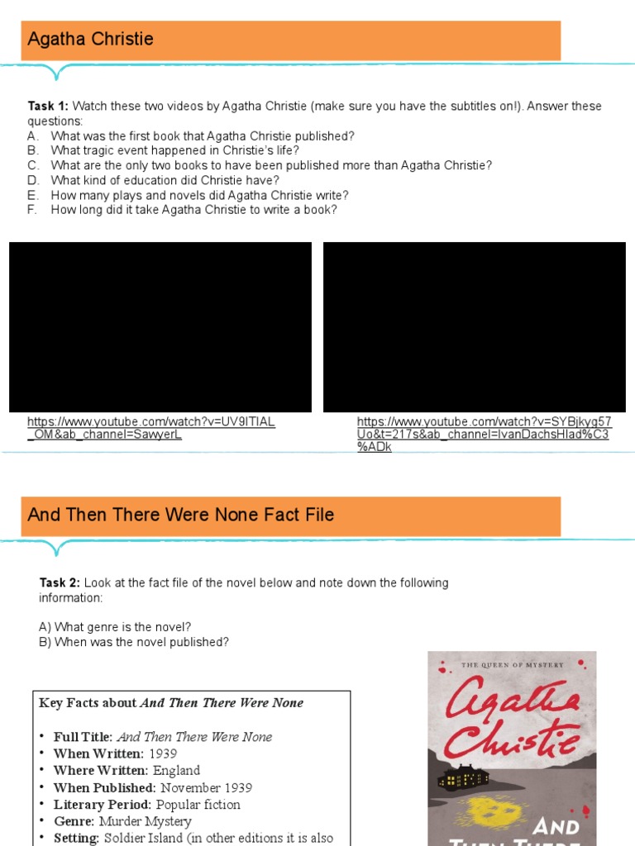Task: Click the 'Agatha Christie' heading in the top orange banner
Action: click(x=90, y=40)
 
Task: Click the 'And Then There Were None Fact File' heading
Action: click(x=180, y=515)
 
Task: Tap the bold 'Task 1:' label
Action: click(x=49, y=107)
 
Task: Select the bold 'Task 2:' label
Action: click(x=60, y=583)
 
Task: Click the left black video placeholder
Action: click(x=160, y=327)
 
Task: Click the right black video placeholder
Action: click(x=474, y=327)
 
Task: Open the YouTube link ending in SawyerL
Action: click(x=150, y=428)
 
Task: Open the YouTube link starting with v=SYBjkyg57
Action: click(x=484, y=434)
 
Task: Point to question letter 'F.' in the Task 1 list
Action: click(x=33, y=210)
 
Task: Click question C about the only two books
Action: click(x=270, y=165)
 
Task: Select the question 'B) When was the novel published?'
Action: click(x=134, y=642)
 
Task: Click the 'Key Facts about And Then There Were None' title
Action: click(x=171, y=703)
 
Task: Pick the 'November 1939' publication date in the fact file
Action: click(x=206, y=787)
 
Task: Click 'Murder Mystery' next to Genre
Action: click(x=145, y=821)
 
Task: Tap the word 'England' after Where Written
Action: click(x=176, y=771)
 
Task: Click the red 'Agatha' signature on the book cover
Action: click(x=511, y=693)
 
